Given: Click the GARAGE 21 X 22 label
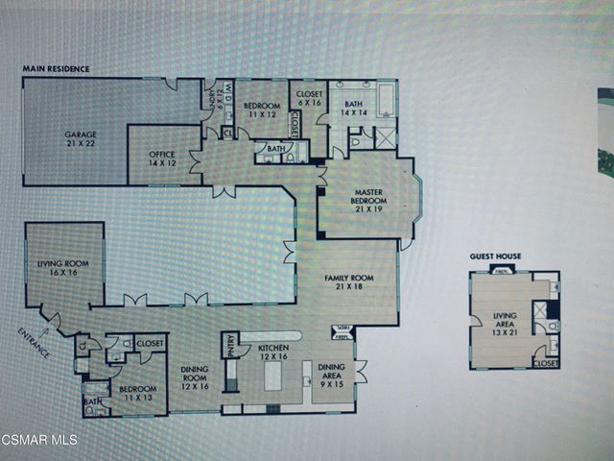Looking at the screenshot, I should [82, 140].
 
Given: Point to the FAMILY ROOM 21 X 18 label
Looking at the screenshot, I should [347, 282].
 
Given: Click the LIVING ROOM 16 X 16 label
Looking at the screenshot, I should [63, 267].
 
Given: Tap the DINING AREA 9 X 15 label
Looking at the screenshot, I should [332, 373].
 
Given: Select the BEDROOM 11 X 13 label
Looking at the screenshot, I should [135, 393].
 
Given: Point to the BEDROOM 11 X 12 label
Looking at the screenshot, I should [261, 109].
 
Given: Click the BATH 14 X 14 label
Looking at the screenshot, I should [353, 109].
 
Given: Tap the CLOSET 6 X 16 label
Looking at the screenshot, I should [310, 99].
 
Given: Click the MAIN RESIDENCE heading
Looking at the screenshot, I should [57, 69].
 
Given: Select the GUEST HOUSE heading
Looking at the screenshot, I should [495, 256].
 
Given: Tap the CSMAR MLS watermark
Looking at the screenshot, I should [40, 440].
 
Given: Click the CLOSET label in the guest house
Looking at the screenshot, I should [545, 364].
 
